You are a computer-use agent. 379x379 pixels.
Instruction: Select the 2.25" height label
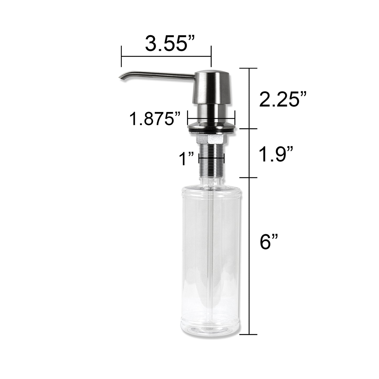(283, 99)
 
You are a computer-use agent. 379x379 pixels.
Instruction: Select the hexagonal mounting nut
(212, 139)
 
